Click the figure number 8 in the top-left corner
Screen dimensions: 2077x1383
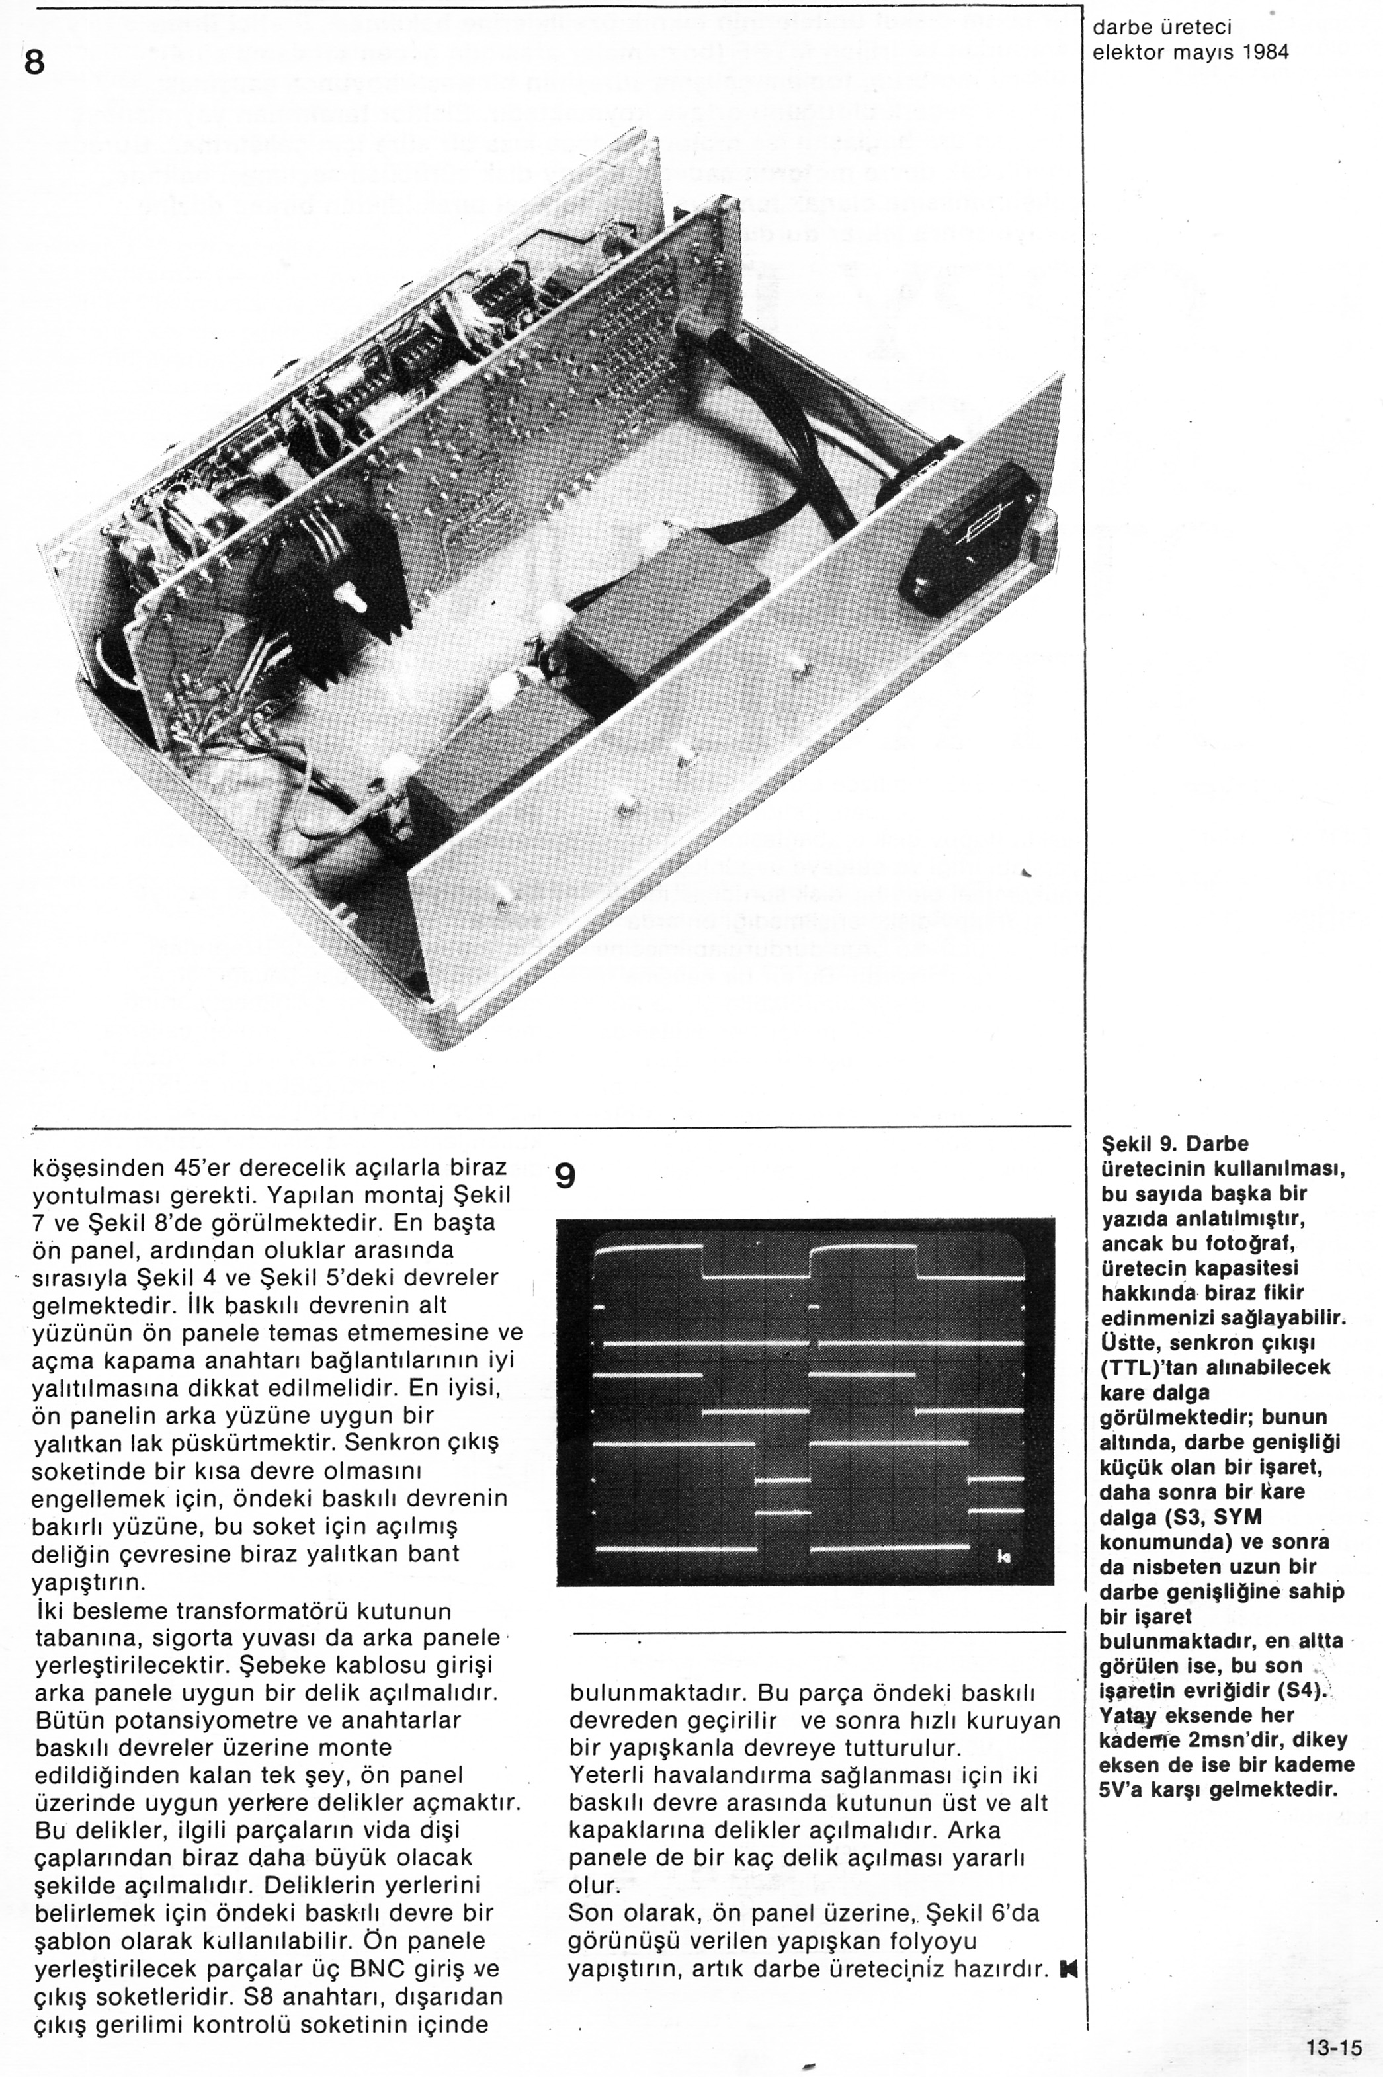(x=34, y=63)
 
